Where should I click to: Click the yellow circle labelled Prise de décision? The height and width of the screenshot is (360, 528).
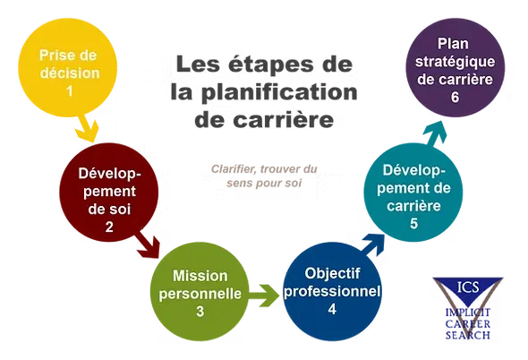[x=68, y=67]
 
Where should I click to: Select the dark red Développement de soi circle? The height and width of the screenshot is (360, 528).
[x=109, y=193]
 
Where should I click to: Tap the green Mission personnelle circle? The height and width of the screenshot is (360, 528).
[x=200, y=292]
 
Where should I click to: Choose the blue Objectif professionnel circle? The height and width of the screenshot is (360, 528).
[x=332, y=292]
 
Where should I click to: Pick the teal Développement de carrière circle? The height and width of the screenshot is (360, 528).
[x=413, y=193]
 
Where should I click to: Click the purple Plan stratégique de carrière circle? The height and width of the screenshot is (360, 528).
[x=456, y=67]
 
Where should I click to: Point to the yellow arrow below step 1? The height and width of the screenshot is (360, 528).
[x=87, y=128]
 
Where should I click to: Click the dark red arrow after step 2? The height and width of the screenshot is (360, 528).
[x=147, y=244]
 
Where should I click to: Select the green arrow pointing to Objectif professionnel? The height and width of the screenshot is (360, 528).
[x=264, y=296]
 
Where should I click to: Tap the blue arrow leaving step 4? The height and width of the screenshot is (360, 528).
[x=373, y=244]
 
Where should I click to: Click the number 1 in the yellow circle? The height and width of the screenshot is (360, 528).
[x=70, y=91]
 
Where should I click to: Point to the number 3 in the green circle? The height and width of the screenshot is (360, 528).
[x=200, y=311]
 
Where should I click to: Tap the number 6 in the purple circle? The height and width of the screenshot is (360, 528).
[x=455, y=97]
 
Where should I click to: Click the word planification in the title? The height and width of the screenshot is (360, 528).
[x=279, y=92]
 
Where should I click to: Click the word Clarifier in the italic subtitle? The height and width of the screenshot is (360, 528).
[x=234, y=168]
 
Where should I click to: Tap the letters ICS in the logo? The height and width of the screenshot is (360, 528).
[x=468, y=287]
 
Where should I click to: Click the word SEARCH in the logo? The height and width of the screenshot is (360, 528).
[x=468, y=335]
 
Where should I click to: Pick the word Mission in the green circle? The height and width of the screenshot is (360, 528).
[x=200, y=276]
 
